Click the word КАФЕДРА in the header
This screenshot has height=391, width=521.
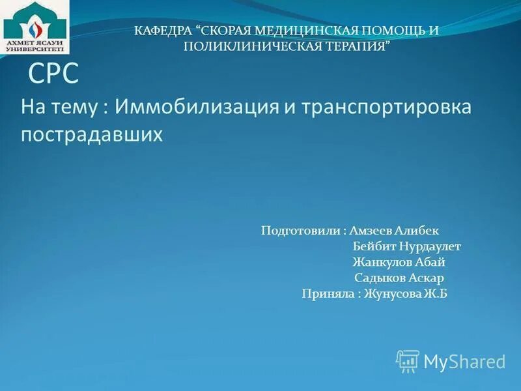pyautogui.click(x=162, y=31)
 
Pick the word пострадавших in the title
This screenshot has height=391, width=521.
pyautogui.click(x=91, y=135)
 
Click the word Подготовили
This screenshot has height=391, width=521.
pyautogui.click(x=300, y=231)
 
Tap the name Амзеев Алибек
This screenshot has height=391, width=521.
pyautogui.click(x=394, y=231)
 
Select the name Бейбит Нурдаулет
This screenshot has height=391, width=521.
pyautogui.click(x=406, y=247)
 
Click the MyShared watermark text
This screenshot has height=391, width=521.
pyautogui.click(x=464, y=362)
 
